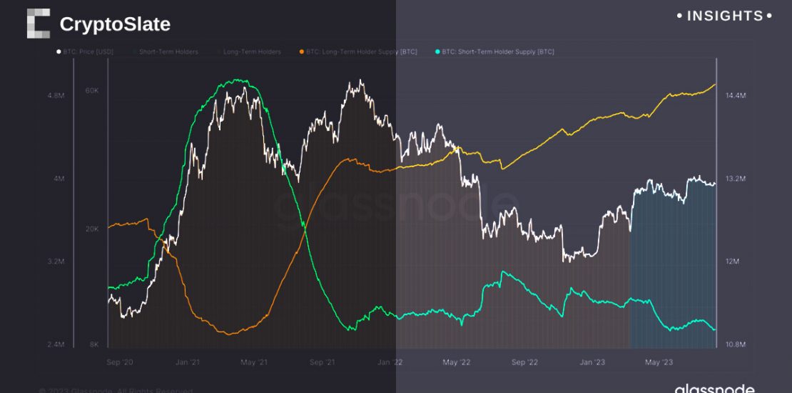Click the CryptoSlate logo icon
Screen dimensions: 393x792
coord(39,24)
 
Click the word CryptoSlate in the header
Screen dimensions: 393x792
coord(115,24)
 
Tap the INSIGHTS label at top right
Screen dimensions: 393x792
coord(724,16)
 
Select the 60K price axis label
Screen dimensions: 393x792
coord(91,91)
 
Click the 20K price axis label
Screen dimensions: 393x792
coord(91,229)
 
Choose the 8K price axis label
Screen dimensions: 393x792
coord(94,344)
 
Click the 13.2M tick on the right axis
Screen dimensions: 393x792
coord(735,179)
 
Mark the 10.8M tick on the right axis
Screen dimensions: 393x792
coord(735,344)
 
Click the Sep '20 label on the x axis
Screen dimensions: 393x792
coord(119,362)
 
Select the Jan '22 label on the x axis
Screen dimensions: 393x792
coord(390,362)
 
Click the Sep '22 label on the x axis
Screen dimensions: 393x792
coord(524,362)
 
